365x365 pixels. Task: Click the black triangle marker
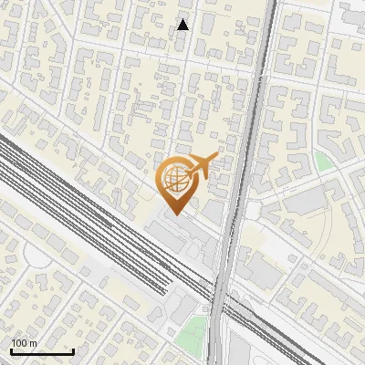click(x=183, y=25)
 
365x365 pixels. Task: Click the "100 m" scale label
click(x=24, y=342)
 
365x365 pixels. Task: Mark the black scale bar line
click(x=42, y=351)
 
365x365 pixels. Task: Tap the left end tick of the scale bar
click(x=11, y=349)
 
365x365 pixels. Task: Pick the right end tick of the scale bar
click(x=73, y=349)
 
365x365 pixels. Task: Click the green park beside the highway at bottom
click(x=191, y=333)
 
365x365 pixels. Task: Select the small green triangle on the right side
click(x=323, y=162)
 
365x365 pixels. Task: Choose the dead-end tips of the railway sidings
click(x=164, y=290)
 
